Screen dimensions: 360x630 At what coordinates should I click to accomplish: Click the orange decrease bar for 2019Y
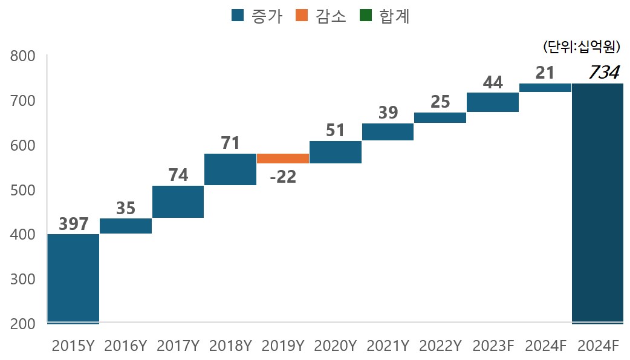pos(283,159)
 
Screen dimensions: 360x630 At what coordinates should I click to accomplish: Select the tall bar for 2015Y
pos(73,279)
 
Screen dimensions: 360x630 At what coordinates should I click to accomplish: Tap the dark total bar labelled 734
pos(597,203)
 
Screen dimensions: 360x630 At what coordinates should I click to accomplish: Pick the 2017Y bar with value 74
pos(178,201)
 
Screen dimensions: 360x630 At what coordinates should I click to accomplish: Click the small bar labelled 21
pos(545,88)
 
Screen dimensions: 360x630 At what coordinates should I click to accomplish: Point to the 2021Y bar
pos(388,132)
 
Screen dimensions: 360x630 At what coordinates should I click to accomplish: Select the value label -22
pos(282,178)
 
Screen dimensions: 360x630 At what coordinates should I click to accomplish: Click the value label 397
pos(74,224)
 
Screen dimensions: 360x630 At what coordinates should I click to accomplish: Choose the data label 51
pos(335,130)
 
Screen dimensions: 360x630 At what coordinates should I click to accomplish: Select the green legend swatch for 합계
pos(366,16)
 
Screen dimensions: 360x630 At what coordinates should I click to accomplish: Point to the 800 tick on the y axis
pos(24,56)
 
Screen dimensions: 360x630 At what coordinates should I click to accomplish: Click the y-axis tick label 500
pos(24,190)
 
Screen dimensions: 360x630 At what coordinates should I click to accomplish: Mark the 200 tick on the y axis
pos(24,324)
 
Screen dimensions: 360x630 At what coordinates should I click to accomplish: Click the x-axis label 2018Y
pos(230,346)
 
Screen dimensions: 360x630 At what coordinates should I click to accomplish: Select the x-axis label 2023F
pos(493,346)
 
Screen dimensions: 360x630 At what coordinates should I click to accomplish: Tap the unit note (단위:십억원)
pos(582,46)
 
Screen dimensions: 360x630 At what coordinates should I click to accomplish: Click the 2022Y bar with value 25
pos(440,117)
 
